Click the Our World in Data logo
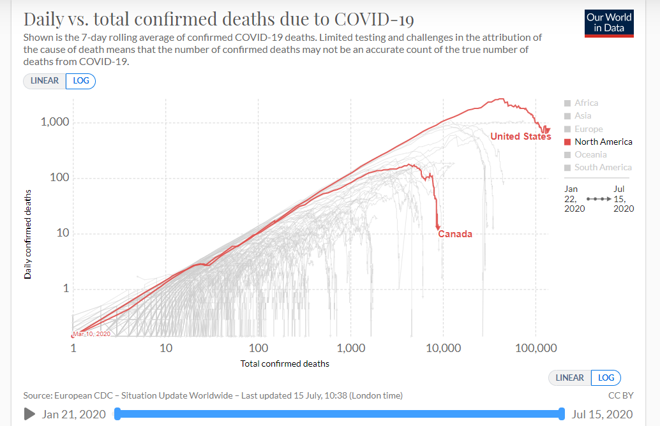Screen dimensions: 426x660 (x=610, y=23)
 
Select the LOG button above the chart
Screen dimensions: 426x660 (x=80, y=81)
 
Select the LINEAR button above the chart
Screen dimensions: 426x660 (x=45, y=81)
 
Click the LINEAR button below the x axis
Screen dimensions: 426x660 (x=569, y=378)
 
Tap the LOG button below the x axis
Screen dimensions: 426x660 (x=606, y=378)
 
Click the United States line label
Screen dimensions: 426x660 (x=520, y=136)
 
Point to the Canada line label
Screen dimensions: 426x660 (x=455, y=234)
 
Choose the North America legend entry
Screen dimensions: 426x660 (x=603, y=142)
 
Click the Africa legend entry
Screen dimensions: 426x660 (x=586, y=103)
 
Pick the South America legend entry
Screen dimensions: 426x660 (x=603, y=167)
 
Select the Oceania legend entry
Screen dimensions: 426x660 (x=590, y=154)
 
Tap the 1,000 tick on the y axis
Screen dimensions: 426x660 (x=55, y=122)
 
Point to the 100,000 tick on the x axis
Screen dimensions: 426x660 (x=536, y=348)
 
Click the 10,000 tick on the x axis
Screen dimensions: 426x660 (x=442, y=348)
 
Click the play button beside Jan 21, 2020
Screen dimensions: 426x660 (x=29, y=414)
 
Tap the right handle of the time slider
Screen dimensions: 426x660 (x=561, y=414)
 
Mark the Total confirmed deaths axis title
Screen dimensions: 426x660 (x=285, y=364)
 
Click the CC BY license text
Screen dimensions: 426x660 (x=620, y=395)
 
